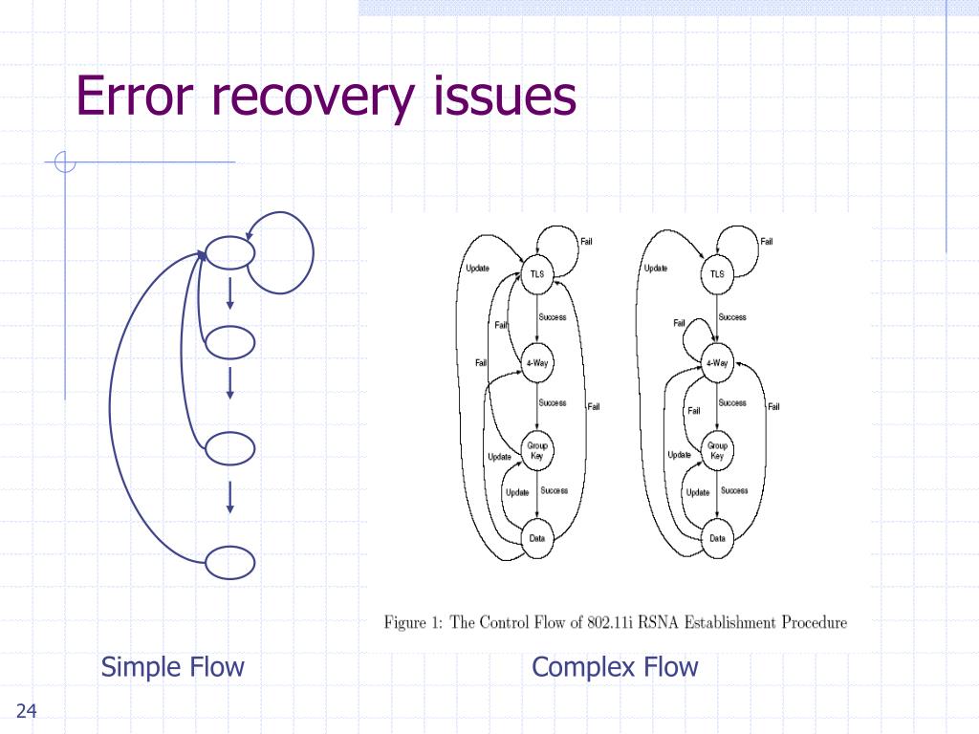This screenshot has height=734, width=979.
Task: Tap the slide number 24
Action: [26, 710]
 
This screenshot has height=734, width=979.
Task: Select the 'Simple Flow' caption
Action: [173, 666]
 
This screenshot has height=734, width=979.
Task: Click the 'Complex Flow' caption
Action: [615, 666]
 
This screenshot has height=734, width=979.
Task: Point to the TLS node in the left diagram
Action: [537, 274]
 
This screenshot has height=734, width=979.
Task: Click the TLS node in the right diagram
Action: [717, 274]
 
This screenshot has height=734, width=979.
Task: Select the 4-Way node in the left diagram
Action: [537, 363]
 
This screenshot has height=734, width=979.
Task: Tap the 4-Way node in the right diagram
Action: [717, 363]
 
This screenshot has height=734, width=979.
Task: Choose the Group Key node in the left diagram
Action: [537, 450]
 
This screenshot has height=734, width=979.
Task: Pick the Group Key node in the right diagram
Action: [717, 450]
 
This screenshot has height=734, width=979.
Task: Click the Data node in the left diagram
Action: [537, 538]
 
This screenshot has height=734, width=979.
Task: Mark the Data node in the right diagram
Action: [717, 538]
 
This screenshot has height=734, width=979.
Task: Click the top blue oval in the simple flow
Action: [230, 252]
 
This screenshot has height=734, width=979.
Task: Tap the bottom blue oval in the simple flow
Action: [230, 563]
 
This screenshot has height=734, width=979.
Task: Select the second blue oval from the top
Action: [230, 341]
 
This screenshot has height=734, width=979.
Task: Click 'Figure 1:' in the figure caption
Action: [413, 623]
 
